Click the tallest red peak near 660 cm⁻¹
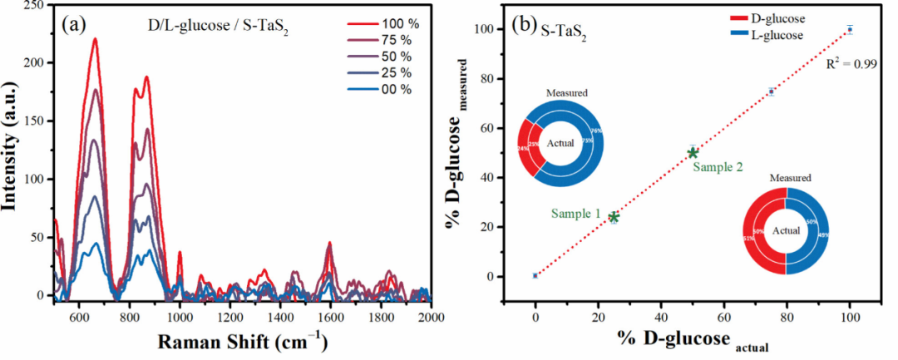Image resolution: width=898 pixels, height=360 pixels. [95, 39]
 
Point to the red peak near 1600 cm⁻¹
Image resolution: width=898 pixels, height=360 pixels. [330, 244]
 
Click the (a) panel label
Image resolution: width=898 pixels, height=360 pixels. [72, 25]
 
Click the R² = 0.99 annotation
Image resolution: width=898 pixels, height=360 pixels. [846, 63]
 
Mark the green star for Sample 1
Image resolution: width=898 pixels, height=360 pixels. [614, 217]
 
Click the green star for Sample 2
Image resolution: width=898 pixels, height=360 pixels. [693, 152]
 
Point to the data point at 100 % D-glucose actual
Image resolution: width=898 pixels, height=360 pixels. [850, 29]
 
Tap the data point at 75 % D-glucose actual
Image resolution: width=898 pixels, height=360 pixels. [772, 91]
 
